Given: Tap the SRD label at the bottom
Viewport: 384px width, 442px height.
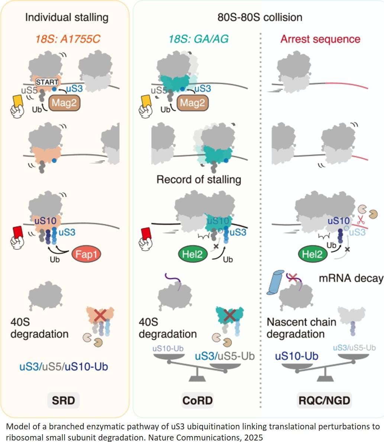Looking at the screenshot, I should tap(64, 400).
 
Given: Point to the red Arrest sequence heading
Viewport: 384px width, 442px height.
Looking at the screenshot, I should tap(320, 39).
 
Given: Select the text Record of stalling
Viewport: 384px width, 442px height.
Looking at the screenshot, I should tap(199, 180).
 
